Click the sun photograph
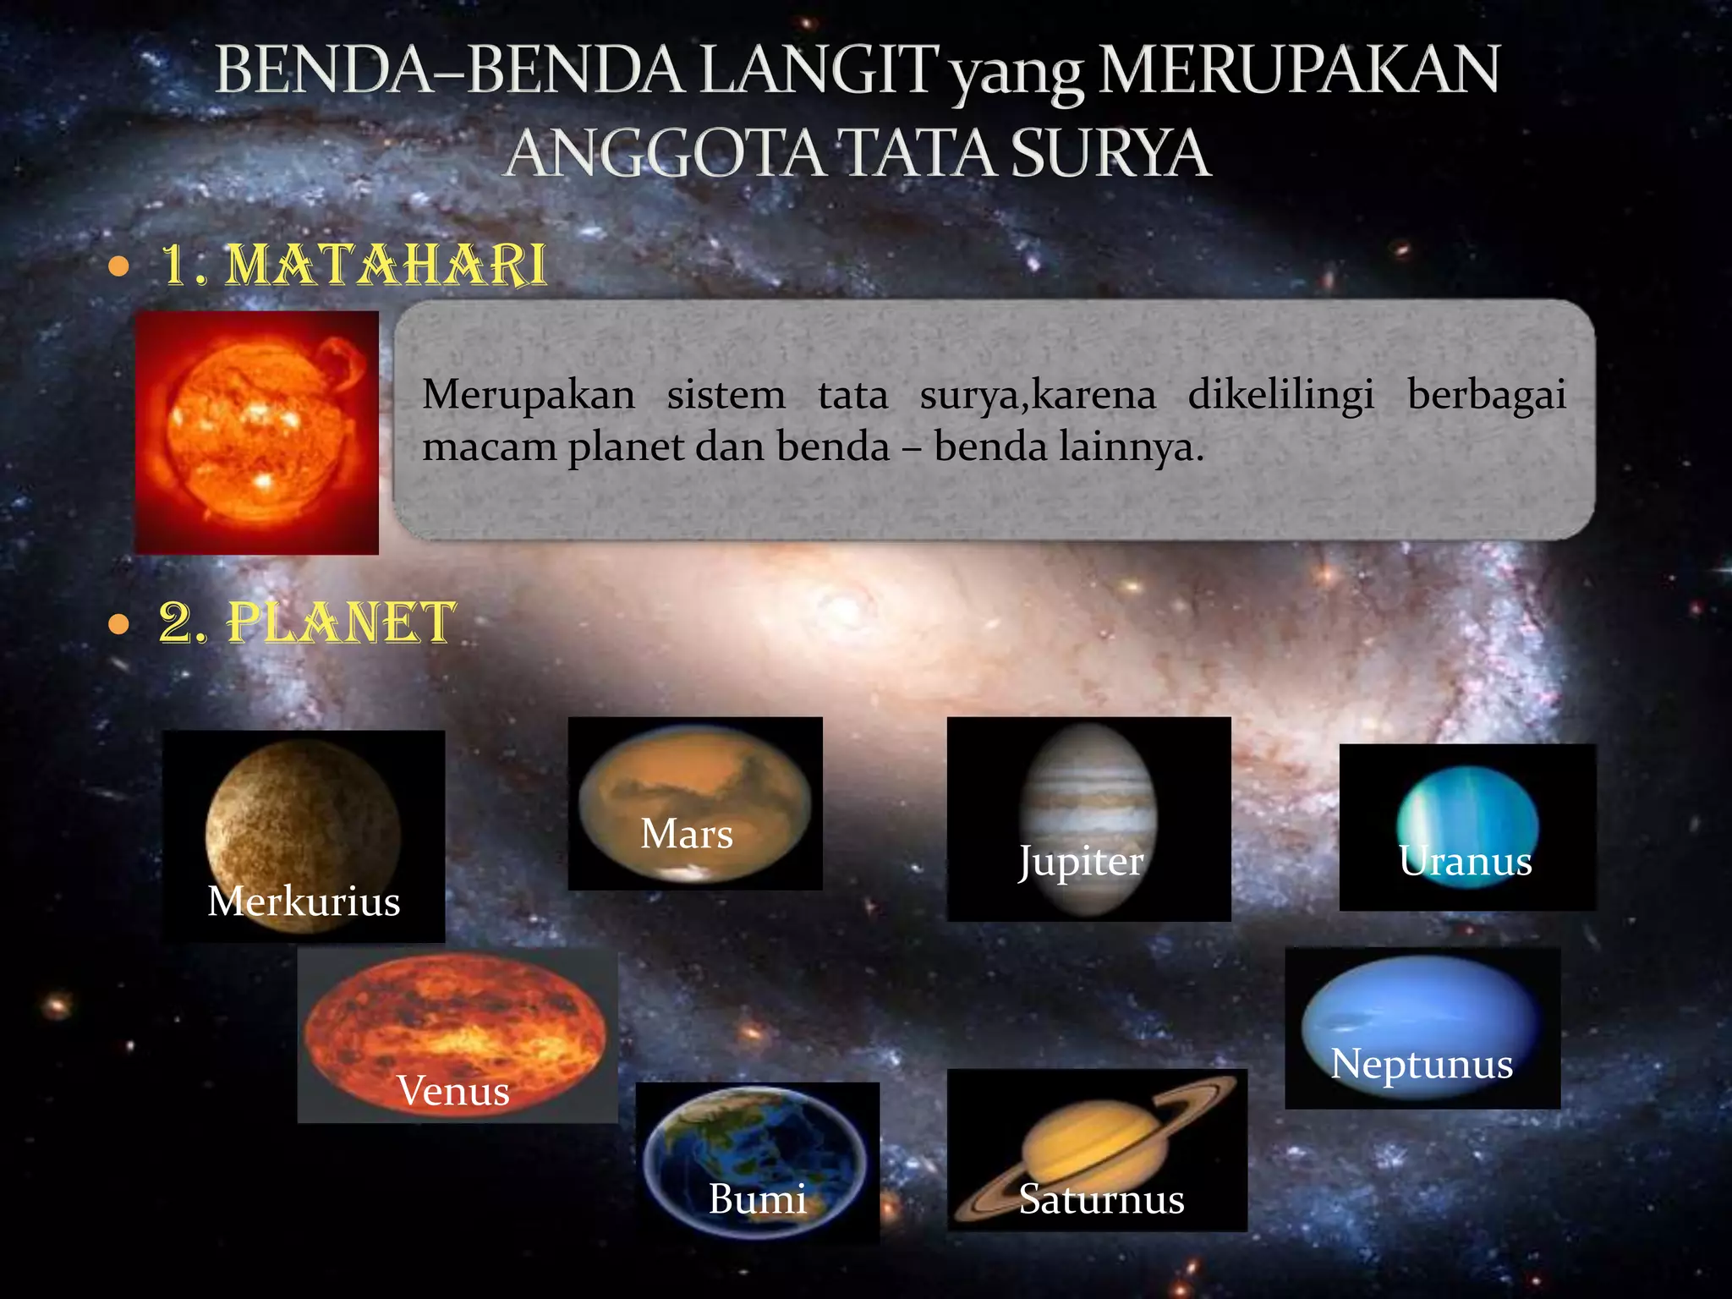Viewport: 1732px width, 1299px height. tap(257, 432)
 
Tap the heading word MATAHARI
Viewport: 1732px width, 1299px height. tap(386, 265)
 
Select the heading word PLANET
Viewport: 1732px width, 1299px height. tap(342, 623)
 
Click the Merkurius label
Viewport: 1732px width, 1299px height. tap(304, 901)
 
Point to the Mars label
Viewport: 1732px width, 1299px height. tap(687, 834)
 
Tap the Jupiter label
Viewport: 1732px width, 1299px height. tap(1081, 863)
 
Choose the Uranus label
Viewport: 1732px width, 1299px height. tap(1466, 861)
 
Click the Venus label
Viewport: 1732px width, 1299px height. tap(453, 1090)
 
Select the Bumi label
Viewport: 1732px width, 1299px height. tap(757, 1198)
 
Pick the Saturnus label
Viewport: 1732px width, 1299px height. tap(1101, 1199)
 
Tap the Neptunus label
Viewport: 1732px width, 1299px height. tap(1422, 1064)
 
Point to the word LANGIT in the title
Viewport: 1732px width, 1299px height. tap(819, 71)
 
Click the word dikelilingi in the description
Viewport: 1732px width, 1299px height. tap(1280, 395)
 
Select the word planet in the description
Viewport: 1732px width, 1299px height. tap(625, 447)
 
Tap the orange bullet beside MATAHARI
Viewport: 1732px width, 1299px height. tap(119, 267)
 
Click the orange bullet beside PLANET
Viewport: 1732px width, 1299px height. tap(119, 625)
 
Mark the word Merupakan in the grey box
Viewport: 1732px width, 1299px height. tap(529, 395)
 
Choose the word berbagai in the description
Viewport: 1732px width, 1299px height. tap(1486, 395)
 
